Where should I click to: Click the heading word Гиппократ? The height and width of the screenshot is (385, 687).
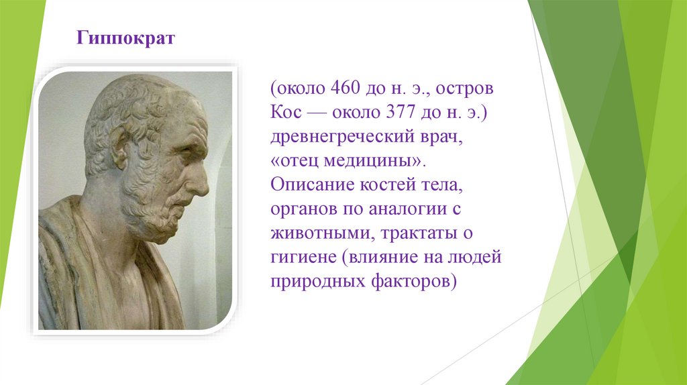[x=125, y=38]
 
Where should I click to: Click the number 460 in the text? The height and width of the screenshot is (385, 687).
[x=345, y=88]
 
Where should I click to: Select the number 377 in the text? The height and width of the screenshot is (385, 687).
[x=401, y=112]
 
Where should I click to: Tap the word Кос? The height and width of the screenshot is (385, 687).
[x=286, y=112]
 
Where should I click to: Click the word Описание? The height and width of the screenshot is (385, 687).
[x=312, y=184]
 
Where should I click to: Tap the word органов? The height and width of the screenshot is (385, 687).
[x=303, y=209]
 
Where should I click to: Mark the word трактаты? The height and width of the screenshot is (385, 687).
[x=419, y=233]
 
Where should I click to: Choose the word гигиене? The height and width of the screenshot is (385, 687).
[x=303, y=257]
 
